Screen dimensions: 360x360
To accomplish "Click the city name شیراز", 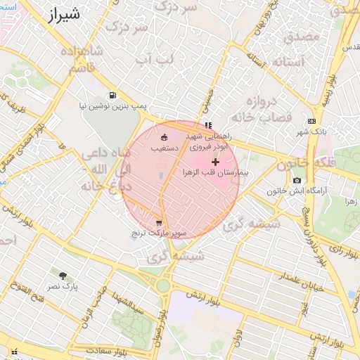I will [65, 15].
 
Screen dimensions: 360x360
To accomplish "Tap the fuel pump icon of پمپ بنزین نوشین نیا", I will [112, 95].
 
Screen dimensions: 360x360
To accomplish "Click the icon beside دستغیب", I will [164, 137].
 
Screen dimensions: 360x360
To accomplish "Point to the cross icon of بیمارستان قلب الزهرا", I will [215, 162].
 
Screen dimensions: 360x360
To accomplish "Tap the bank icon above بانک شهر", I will [311, 121].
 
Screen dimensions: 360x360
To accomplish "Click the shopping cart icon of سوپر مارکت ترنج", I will [158, 222].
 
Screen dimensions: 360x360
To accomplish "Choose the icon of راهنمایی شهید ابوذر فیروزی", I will [207, 125].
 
